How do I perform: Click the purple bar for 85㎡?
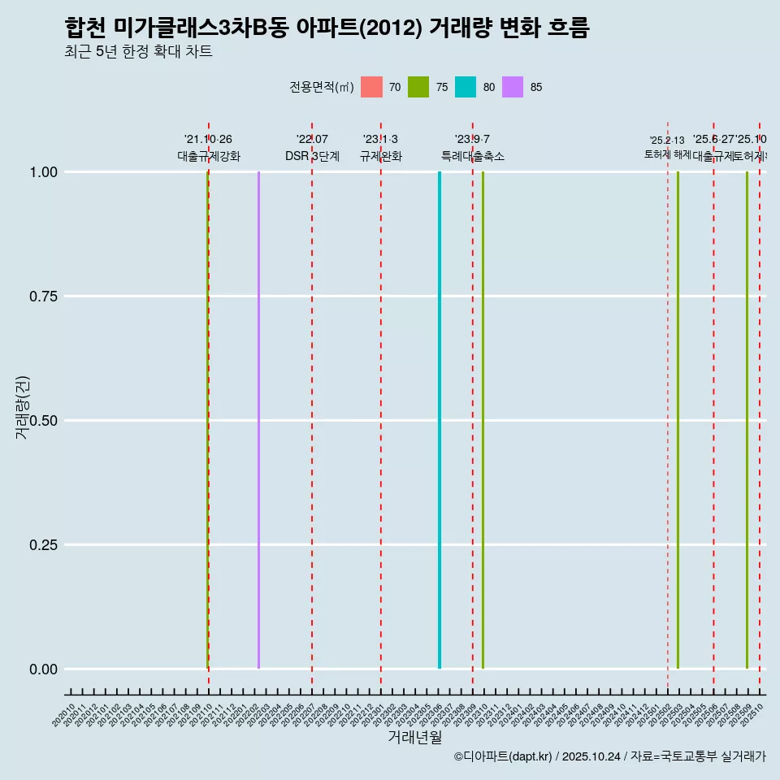pyautogui.click(x=258, y=420)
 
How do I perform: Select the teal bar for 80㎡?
pyautogui.click(x=440, y=420)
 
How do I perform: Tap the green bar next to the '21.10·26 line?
pyautogui.click(x=207, y=420)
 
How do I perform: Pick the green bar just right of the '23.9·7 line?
pyautogui.click(x=483, y=420)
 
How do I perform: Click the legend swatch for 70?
pyautogui.click(x=371, y=87)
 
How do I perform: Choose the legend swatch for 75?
pyautogui.click(x=418, y=87)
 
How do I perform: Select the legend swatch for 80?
pyautogui.click(x=466, y=87)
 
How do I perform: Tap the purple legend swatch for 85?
pyautogui.click(x=513, y=87)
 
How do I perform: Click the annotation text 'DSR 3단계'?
pyautogui.click(x=312, y=156)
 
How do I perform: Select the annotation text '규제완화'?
pyautogui.click(x=380, y=156)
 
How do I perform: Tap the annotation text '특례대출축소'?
pyautogui.click(x=473, y=156)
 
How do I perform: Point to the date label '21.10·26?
pyautogui.click(x=208, y=140)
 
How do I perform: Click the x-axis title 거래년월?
pyautogui.click(x=414, y=737)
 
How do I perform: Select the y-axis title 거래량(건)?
pyautogui.click(x=22, y=408)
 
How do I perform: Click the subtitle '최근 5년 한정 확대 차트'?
pyautogui.click(x=138, y=52)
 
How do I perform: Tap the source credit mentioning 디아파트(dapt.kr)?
pyautogui.click(x=609, y=756)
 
